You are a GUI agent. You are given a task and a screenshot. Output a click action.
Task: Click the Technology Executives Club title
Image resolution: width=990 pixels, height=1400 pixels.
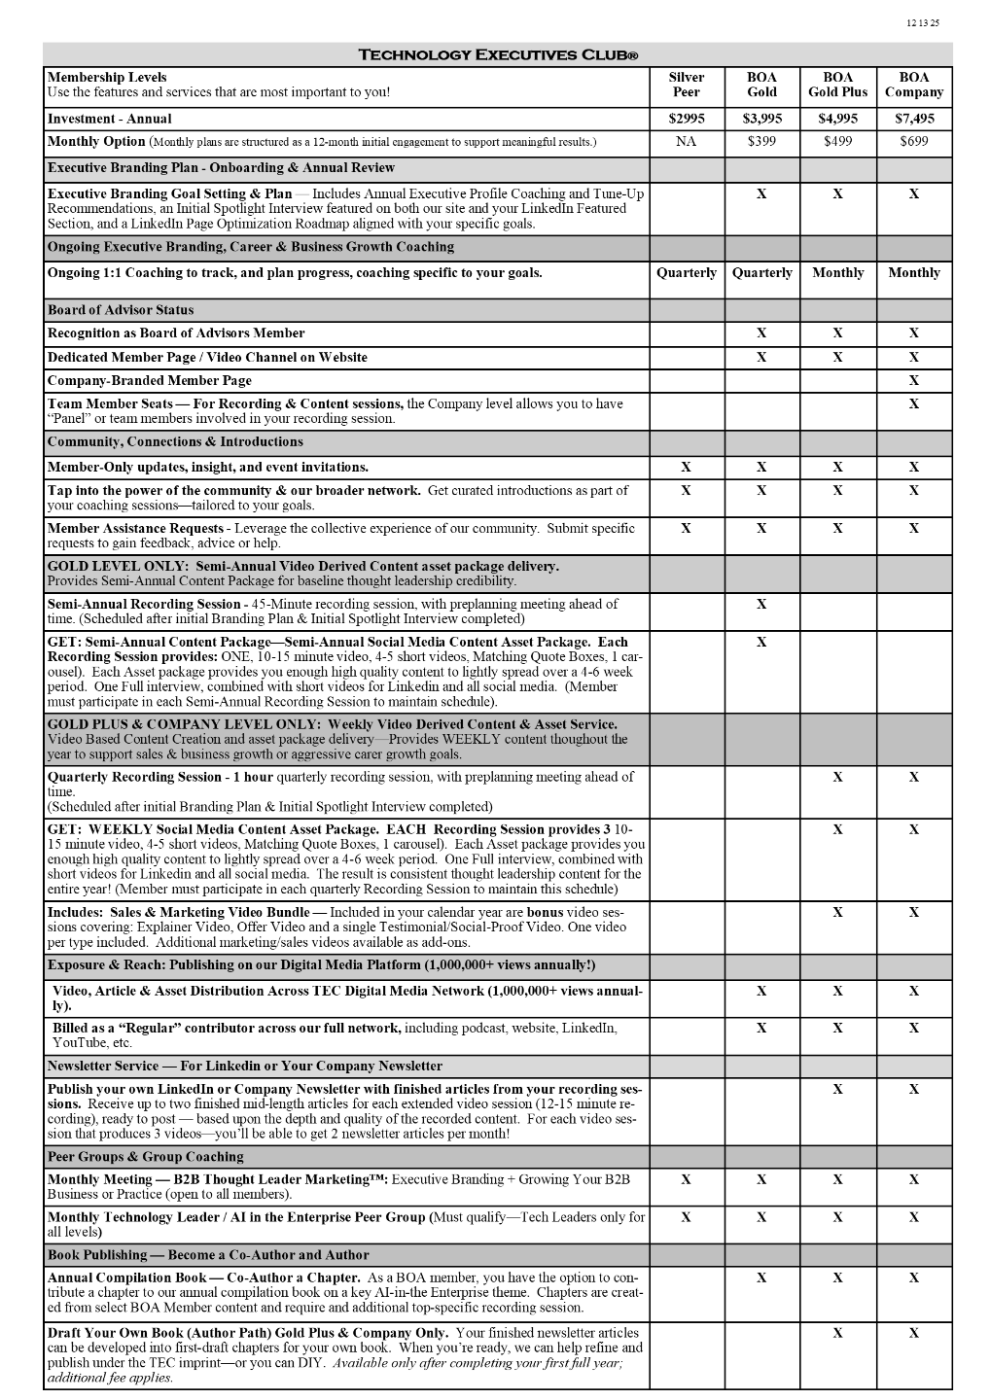pyautogui.click(x=498, y=54)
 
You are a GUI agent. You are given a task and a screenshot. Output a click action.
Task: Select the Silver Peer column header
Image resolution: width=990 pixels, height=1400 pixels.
pyautogui.click(x=687, y=86)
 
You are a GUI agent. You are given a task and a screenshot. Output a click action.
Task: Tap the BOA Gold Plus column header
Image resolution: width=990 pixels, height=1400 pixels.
pyautogui.click(x=837, y=86)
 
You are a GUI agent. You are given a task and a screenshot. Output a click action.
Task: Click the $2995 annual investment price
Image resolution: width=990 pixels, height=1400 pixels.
pyautogui.click(x=687, y=119)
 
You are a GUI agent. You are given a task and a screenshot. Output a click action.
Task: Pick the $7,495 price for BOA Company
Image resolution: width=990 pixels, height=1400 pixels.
pyautogui.click(x=913, y=119)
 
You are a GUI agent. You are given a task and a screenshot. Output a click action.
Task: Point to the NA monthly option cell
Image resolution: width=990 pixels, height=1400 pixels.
pyautogui.click(x=687, y=142)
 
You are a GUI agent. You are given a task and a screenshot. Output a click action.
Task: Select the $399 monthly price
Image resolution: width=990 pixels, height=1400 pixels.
pyautogui.click(x=761, y=142)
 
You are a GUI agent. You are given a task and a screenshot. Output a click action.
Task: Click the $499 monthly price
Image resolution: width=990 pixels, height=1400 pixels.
pyautogui.click(x=837, y=142)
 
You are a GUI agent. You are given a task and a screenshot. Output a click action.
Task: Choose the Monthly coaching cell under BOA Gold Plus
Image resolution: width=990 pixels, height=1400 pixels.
pyautogui.click(x=837, y=273)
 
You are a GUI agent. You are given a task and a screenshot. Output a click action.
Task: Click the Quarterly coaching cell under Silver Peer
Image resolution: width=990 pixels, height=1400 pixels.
pyautogui.click(x=687, y=273)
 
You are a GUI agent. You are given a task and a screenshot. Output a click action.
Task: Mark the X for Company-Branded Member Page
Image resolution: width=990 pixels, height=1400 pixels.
pyautogui.click(x=913, y=381)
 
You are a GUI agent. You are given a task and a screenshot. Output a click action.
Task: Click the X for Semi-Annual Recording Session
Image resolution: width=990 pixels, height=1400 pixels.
pyautogui.click(x=761, y=605)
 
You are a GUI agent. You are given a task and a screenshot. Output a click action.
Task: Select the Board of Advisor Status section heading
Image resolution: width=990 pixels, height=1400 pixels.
pyautogui.click(x=121, y=310)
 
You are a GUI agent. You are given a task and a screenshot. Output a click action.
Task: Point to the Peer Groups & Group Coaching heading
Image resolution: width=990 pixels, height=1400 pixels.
pyautogui.click(x=146, y=1157)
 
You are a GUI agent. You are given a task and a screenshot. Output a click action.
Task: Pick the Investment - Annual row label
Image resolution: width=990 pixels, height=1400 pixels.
pyautogui.click(x=110, y=119)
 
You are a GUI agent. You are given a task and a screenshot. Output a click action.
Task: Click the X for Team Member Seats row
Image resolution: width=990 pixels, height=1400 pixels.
pyautogui.click(x=913, y=404)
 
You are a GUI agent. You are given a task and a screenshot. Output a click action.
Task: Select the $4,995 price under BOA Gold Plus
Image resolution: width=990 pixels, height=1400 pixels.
pyautogui.click(x=837, y=119)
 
